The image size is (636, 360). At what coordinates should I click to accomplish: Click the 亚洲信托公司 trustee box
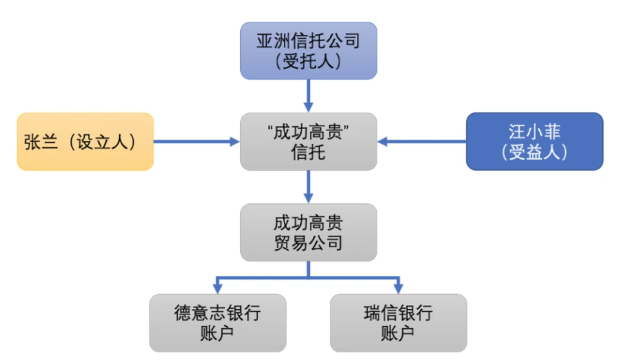308,51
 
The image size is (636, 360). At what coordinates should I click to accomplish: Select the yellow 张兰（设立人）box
85,141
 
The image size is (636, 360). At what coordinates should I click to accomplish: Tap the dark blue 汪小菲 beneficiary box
534,141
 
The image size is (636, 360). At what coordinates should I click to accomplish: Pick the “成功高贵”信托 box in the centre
308,141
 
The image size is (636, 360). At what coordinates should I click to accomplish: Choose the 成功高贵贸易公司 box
308,232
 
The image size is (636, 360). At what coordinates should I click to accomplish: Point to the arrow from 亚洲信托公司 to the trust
308,95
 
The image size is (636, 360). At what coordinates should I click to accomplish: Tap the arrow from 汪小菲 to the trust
422,141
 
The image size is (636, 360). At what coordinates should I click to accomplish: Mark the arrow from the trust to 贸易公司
308,187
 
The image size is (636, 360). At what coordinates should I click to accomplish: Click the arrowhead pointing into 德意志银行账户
217,288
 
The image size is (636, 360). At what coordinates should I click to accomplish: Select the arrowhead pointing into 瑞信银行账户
398,288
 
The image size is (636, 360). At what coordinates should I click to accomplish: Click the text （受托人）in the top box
308,61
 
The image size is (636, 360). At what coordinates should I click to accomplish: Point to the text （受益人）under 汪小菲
534,152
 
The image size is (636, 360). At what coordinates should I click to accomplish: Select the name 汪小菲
534,131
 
